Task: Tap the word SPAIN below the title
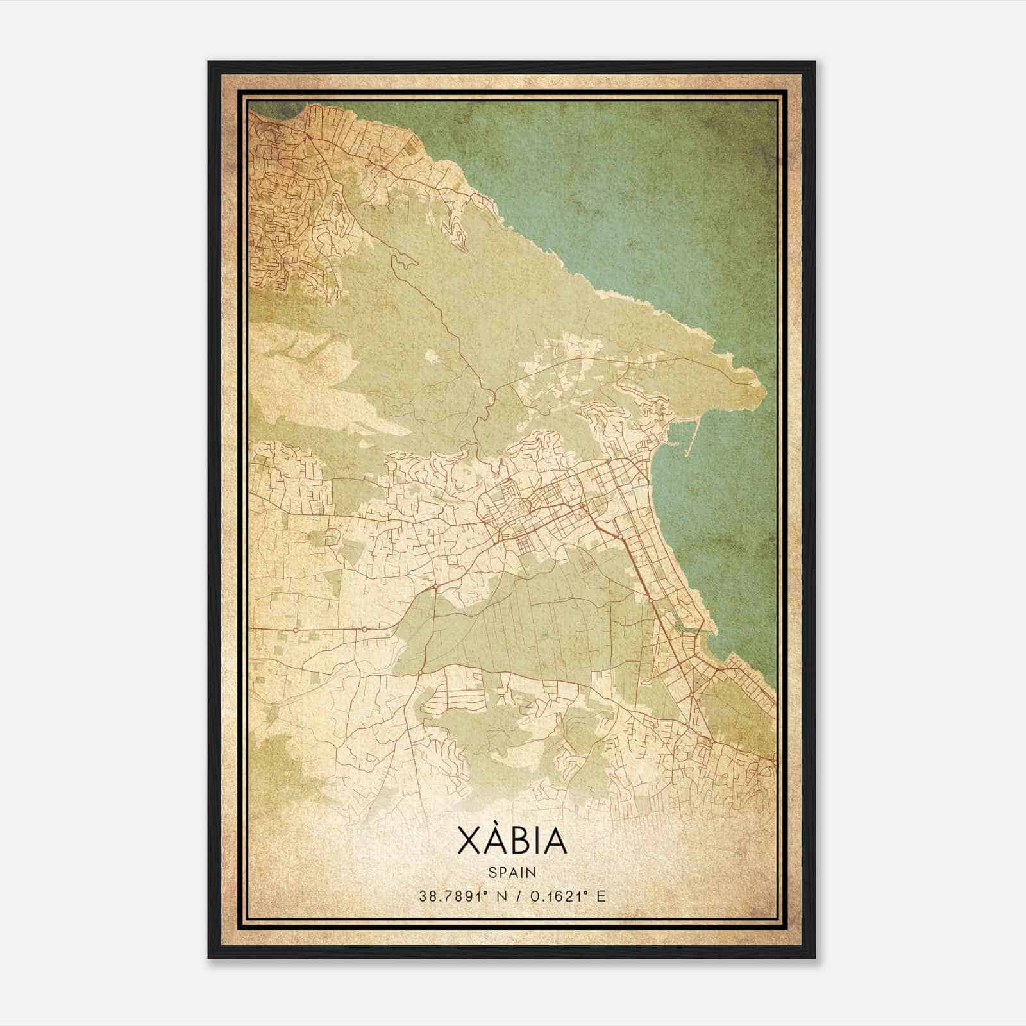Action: (512, 873)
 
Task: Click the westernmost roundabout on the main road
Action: (296, 630)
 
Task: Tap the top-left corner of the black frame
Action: (210, 63)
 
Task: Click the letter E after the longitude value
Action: (601, 896)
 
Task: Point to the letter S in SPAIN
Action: (492, 873)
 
